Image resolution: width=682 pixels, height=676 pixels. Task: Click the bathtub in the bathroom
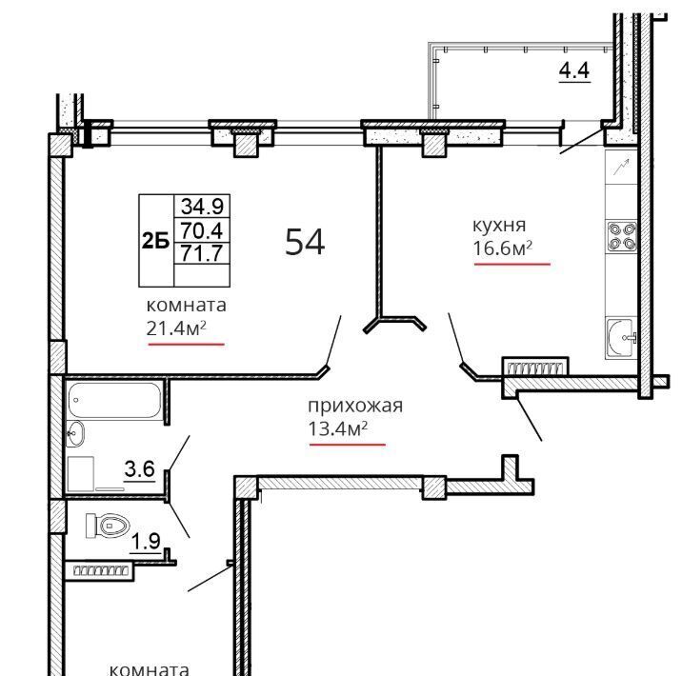tap(114, 400)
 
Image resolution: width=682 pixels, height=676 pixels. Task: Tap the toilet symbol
tap(108, 526)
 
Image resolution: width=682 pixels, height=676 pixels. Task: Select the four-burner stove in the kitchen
tap(622, 236)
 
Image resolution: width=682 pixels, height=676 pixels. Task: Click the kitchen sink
tap(622, 338)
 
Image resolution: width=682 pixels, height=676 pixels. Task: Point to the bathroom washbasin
tap(75, 433)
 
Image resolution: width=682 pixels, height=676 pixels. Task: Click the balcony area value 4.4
tap(574, 70)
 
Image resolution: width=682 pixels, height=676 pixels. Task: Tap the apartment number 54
tap(305, 242)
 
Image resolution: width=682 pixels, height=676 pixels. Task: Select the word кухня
tap(499, 226)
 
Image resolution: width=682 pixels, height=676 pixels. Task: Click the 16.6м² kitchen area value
tap(502, 249)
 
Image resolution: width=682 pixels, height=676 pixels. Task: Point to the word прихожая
tap(355, 406)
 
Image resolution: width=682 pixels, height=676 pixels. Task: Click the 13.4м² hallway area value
tap(338, 429)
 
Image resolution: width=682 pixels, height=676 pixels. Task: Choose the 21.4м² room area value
tap(175, 328)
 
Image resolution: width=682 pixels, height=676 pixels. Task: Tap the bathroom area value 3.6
tap(140, 469)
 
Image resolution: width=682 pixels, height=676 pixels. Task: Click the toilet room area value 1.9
tap(146, 542)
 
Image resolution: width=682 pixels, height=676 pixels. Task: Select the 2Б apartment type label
tap(155, 240)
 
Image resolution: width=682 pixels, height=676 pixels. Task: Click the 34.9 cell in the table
tap(202, 206)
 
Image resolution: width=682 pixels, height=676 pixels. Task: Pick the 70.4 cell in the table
tap(202, 229)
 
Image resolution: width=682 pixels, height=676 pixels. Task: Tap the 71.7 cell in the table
tap(202, 253)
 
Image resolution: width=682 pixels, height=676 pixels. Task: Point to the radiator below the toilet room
tap(100, 570)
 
